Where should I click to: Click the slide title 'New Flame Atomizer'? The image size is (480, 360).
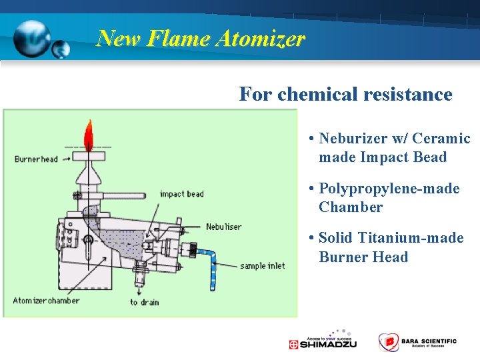tap(201, 38)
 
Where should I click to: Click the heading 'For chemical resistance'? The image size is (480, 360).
tap(345, 94)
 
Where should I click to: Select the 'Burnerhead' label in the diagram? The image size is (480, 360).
tap(36, 159)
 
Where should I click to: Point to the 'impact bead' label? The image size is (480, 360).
tap(181, 194)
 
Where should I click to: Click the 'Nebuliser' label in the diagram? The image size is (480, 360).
tap(223, 227)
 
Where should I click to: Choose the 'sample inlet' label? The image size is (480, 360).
tap(262, 265)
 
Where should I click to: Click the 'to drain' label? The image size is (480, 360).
tap(144, 302)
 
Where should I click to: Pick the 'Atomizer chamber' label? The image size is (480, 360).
tap(46, 300)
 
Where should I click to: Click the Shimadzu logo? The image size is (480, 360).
tap(323, 341)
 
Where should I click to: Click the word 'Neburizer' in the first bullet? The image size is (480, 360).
tap(353, 139)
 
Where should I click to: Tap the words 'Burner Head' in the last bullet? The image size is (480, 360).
tap(363, 257)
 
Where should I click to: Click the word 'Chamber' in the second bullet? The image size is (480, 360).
tap(351, 207)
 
